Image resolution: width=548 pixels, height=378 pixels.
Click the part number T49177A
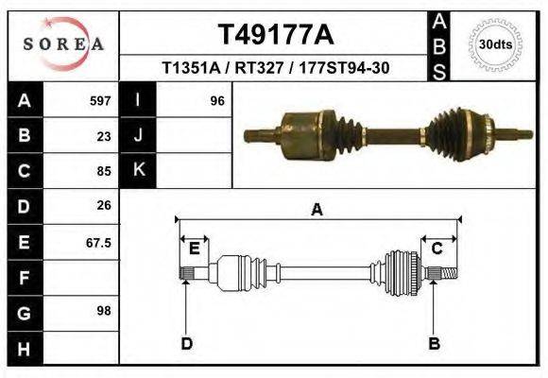point(276,35)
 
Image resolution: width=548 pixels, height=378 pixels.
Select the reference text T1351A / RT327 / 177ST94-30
point(276,68)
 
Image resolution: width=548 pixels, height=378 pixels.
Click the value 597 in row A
point(100,100)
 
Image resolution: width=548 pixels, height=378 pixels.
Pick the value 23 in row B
point(104,135)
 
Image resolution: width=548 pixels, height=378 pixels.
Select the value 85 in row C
point(104,171)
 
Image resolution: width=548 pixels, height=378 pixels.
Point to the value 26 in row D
point(104,205)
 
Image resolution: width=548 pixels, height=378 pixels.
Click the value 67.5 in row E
point(98,242)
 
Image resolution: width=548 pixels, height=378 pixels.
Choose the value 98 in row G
point(104,310)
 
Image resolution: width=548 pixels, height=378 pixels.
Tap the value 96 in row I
point(216,100)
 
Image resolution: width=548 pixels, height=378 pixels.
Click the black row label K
point(138,170)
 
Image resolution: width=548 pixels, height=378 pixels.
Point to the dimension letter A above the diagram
point(317,210)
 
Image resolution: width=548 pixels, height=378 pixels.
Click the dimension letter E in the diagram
point(194,249)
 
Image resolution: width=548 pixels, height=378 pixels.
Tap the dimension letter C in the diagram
point(437,249)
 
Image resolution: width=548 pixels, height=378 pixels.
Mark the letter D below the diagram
point(186,343)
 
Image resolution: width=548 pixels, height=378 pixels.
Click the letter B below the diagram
point(434,343)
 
